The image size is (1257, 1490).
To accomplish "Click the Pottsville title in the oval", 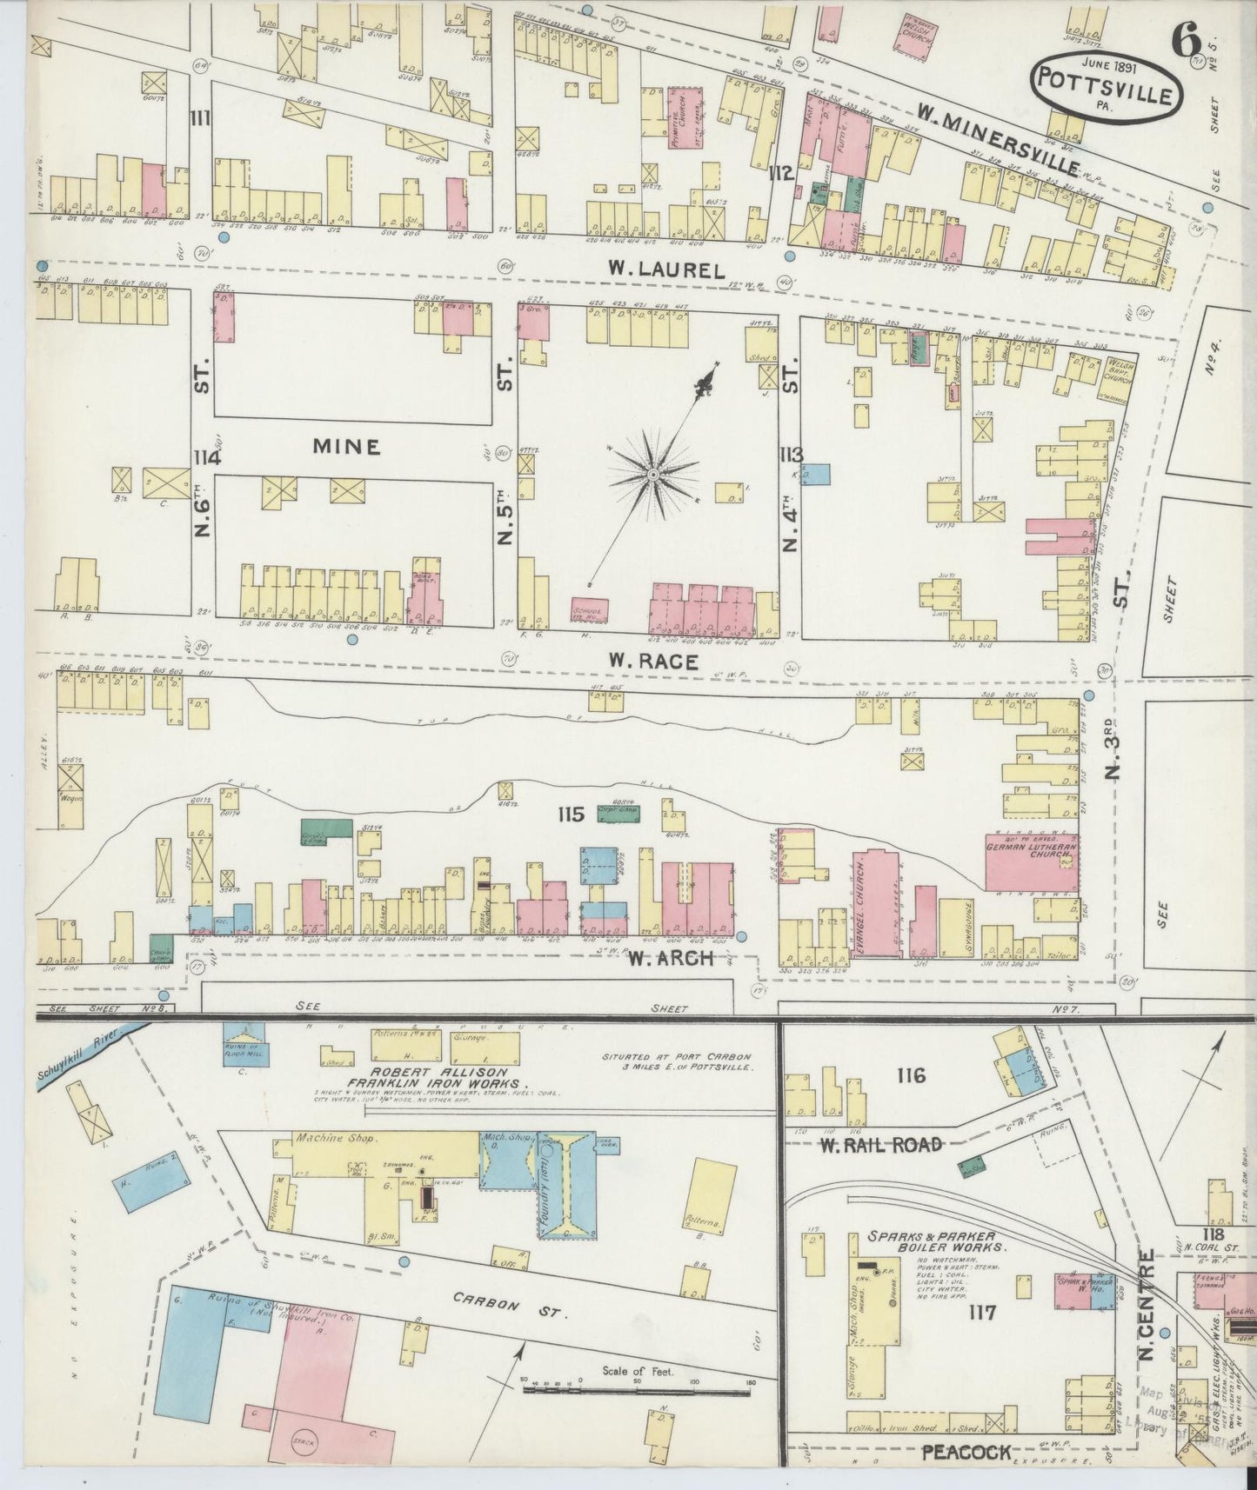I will pos(1107,95).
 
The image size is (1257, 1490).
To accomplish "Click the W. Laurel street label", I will pos(668,270).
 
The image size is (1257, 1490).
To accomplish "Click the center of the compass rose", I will pos(652,474).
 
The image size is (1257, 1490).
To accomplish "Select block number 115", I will pos(572,815).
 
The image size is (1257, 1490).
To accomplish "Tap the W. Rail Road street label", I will pos(880,1144).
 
